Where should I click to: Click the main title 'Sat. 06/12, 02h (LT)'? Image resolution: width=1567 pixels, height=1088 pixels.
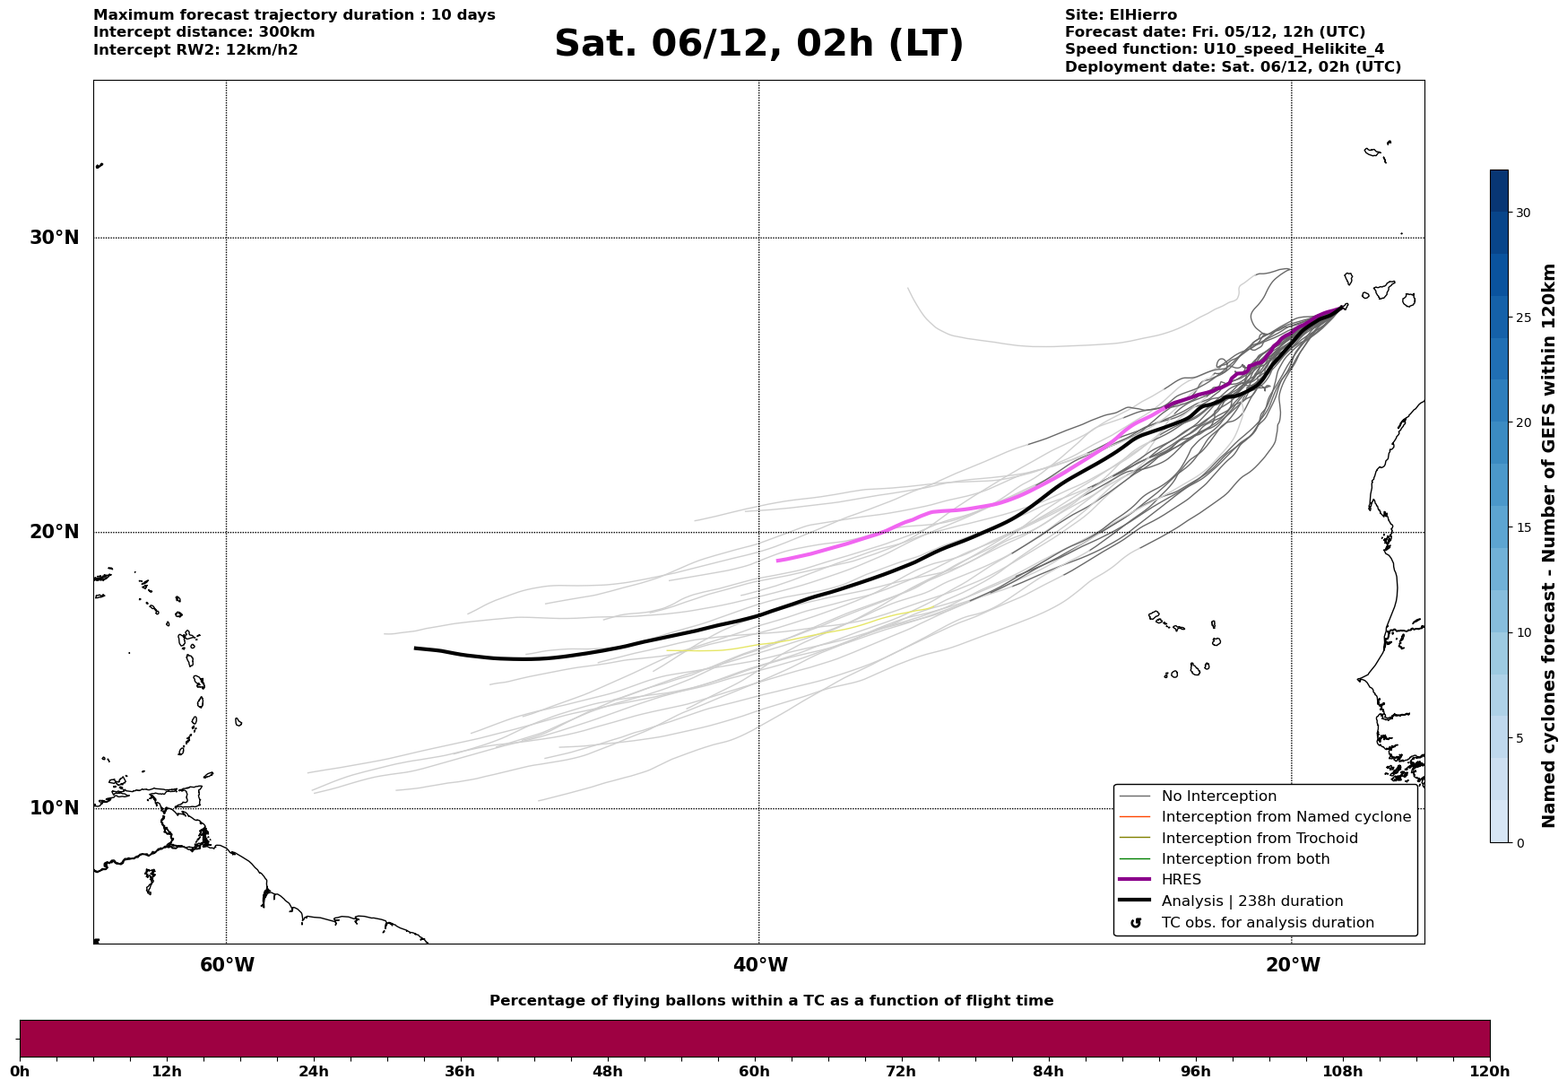758,44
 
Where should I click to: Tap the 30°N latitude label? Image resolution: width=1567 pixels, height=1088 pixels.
54,238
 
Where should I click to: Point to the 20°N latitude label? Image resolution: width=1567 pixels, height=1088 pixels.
54,532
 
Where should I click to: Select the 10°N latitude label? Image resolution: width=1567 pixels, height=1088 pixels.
54,808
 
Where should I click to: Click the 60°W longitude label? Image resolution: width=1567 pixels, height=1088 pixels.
227,965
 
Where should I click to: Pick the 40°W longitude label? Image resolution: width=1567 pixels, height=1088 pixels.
760,965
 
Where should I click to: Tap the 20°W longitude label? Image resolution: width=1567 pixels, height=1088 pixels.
1293,965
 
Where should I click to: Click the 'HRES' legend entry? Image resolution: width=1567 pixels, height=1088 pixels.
1181,880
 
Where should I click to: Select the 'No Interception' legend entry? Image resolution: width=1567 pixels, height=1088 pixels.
1218,796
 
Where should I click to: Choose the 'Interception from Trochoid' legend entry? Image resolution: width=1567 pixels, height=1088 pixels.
1259,839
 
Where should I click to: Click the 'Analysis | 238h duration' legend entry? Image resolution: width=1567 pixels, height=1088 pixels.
1251,901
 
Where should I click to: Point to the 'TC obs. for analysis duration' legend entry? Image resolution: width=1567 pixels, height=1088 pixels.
1267,923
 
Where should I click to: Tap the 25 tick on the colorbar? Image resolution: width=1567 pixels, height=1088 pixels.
1522,318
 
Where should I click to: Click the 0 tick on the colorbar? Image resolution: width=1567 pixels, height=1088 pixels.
1519,843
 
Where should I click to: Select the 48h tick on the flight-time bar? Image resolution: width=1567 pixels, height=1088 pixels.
607,1071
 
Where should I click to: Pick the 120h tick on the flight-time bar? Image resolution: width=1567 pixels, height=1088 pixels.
1490,1071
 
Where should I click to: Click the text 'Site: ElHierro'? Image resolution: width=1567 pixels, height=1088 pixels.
1121,15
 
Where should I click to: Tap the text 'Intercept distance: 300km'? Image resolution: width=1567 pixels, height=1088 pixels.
203,32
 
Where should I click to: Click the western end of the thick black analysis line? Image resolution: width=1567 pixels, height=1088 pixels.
415,648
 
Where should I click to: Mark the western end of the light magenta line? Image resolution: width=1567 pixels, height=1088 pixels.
778,561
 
